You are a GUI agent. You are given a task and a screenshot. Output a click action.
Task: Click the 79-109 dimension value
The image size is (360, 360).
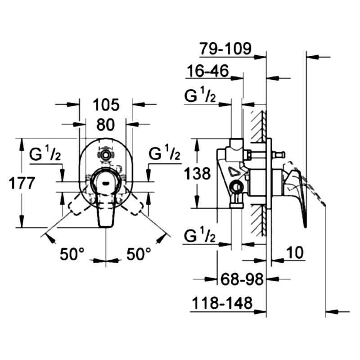pyautogui.click(x=225, y=49)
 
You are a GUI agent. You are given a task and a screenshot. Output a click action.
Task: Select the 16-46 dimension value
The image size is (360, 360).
pyautogui.click(x=208, y=71)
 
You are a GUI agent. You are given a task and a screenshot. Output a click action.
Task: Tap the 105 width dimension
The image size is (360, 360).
pyautogui.click(x=106, y=105)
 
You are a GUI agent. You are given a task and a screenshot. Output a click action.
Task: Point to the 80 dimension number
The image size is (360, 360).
pyautogui.click(x=106, y=125)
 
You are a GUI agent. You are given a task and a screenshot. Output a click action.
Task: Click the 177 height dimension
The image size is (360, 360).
pyautogui.click(x=22, y=183)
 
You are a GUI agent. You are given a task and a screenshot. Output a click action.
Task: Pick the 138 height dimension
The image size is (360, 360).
pyautogui.click(x=198, y=173)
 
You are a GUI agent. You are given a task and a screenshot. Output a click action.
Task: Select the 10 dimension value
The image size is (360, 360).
pyautogui.click(x=295, y=252)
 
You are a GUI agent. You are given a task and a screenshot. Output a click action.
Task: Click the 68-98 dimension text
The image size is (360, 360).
pyautogui.click(x=242, y=279)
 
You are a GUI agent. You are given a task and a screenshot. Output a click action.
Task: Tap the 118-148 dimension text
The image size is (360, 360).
pyautogui.click(x=222, y=303)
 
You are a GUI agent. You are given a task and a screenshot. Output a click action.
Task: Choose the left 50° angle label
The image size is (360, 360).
pyautogui.click(x=72, y=254)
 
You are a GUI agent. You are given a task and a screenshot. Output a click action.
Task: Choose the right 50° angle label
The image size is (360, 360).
pyautogui.click(x=139, y=254)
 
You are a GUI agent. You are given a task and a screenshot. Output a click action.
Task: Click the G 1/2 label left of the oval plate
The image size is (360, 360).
pyautogui.click(x=45, y=153)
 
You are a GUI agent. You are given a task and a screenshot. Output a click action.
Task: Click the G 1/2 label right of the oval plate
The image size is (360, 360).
pyautogui.click(x=164, y=153)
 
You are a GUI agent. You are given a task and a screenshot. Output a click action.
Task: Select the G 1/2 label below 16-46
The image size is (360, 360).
pyautogui.click(x=200, y=94)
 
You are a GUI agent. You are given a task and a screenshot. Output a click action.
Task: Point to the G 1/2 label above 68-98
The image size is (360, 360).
pyautogui.click(x=200, y=234)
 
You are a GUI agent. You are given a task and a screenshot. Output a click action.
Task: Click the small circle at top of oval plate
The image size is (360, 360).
pyautogui.click(x=106, y=155)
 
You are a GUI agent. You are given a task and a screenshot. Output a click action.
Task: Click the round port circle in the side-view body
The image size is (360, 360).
pyautogui.click(x=237, y=187)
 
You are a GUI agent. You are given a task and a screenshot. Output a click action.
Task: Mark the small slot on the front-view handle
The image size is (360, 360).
pyautogui.click(x=106, y=183)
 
